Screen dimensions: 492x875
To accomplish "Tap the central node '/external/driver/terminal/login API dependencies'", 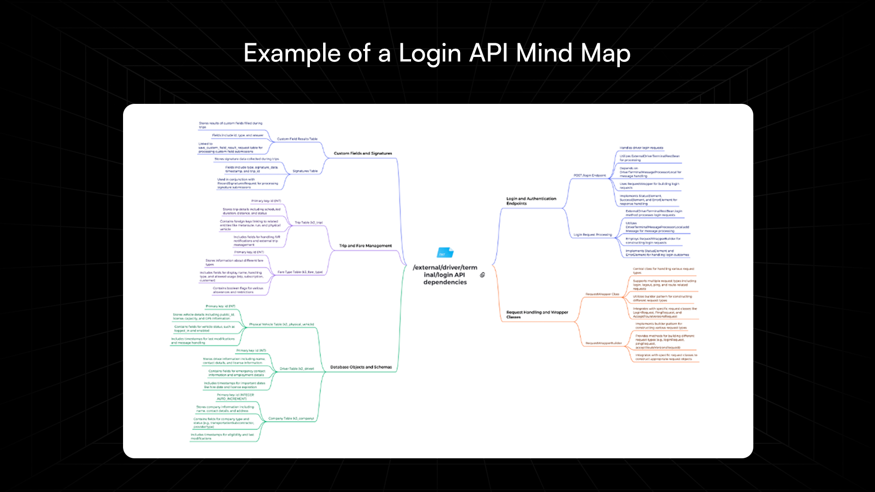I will pos(445,275).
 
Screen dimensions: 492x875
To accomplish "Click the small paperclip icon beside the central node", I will pos(482,275).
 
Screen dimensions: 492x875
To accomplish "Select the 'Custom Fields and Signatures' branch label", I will pos(363,154).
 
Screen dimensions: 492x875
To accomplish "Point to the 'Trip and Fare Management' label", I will pos(365,246).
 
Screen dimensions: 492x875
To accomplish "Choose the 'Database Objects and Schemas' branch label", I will pos(360,367).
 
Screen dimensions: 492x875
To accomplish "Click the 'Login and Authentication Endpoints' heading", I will pos(531,201).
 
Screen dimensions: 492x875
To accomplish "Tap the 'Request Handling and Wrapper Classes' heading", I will pos(537,314).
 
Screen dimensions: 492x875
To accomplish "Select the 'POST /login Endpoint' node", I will pos(590,175).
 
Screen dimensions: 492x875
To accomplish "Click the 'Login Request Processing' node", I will pos(592,235).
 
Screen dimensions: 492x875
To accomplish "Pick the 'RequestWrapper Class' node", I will pos(602,294).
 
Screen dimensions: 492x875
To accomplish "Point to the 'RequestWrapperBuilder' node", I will pos(603,343).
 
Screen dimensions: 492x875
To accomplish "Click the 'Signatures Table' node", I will pos(305,171).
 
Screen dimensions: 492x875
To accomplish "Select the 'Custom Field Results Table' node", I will pos(297,139).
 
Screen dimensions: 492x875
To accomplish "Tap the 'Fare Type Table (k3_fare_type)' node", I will pos(300,272).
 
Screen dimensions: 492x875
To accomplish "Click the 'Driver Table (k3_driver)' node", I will pos(297,369).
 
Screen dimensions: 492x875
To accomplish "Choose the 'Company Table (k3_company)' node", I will pos(291,418).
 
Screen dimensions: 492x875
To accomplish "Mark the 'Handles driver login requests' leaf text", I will pos(641,148).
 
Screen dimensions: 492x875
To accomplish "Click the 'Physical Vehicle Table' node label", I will pos(281,324).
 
